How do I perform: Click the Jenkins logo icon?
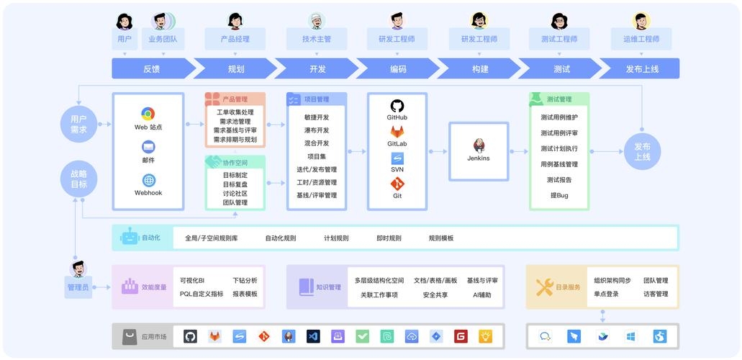[x=479, y=145]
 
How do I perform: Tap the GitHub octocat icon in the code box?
[x=397, y=105]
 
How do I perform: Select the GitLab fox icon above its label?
[x=397, y=132]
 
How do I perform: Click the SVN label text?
[x=397, y=169]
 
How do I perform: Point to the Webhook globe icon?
[x=148, y=180]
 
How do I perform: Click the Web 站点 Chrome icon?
[x=148, y=114]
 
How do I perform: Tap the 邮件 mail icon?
[x=148, y=147]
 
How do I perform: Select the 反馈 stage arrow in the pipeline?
[x=152, y=69]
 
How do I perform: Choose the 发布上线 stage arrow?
[x=641, y=69]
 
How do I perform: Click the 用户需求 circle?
[x=78, y=124]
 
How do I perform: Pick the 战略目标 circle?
[x=78, y=179]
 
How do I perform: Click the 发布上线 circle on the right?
[x=642, y=151]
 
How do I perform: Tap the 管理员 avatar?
[x=78, y=269]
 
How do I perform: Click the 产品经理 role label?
[x=235, y=39]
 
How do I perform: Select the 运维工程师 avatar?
[x=641, y=20]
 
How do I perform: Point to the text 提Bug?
[x=559, y=195]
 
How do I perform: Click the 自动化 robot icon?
[x=130, y=238]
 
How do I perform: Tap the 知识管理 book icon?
[x=306, y=287]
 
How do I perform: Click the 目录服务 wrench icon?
[x=544, y=287]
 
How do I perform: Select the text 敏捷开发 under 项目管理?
[x=317, y=117]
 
